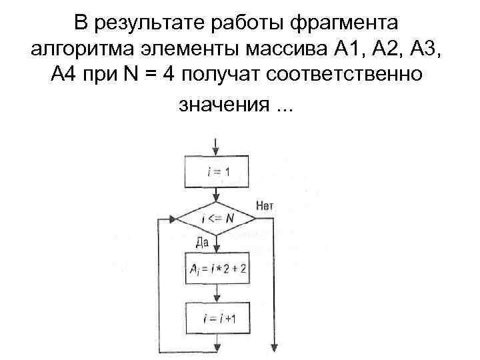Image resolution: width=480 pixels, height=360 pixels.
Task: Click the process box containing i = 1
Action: pos(215,172)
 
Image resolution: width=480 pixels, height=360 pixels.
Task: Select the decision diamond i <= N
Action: pos(215,219)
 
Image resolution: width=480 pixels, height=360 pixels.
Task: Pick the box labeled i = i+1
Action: pos(215,319)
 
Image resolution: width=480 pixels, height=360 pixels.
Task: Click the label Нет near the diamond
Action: pos(264,206)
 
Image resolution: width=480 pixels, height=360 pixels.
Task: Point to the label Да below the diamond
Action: pos(202,242)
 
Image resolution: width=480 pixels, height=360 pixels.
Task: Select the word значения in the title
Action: pos(223,105)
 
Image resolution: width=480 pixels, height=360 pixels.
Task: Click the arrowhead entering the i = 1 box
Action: pos(215,151)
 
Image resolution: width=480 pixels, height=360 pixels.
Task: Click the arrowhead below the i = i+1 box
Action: pos(215,347)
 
